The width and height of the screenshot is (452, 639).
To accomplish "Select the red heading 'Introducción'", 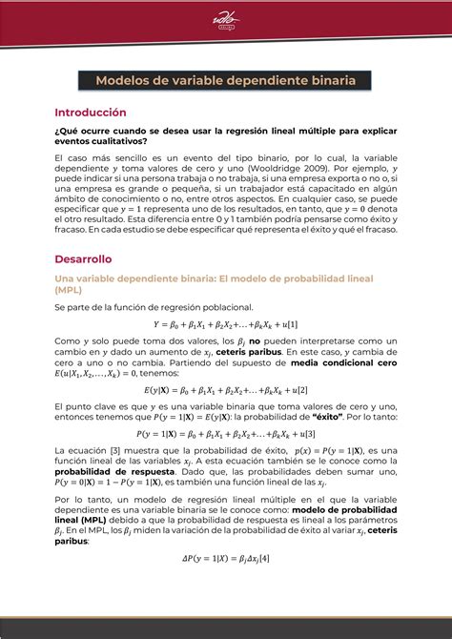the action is click(90, 112).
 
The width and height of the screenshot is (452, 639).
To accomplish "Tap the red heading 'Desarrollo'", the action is click(83, 258).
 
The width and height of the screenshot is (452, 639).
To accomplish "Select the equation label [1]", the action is click(292, 324).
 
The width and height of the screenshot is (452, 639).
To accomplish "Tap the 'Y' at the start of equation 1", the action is click(157, 324).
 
